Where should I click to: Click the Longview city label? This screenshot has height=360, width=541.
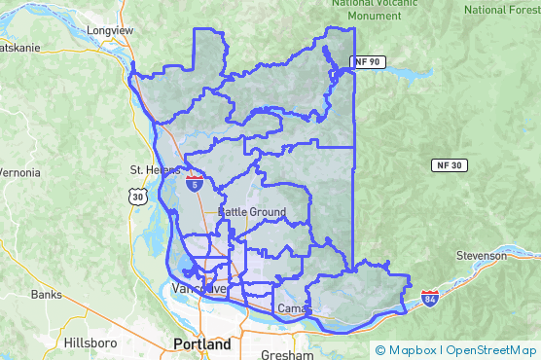pos(110,30)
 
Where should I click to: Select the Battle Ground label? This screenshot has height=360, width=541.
pos(252,212)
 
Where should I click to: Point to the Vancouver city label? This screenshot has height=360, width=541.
pos(198,289)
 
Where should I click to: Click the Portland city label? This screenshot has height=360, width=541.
pos(201,344)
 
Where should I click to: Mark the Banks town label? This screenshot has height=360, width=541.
pos(46,294)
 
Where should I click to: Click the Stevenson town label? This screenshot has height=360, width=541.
pos(482,256)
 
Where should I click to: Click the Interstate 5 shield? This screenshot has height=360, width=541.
pos(196,181)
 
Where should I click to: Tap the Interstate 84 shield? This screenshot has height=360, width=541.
pos(429,297)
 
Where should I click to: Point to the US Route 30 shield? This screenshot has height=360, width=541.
pos(134,197)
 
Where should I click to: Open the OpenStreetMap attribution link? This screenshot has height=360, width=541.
pos(491,350)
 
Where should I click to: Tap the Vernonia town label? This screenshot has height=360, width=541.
pos(19,172)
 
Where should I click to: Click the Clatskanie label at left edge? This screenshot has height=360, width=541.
pos(18,47)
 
